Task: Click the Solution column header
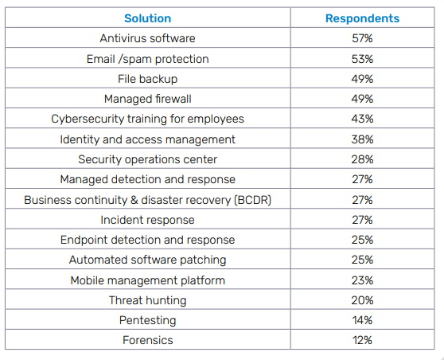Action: point(147,18)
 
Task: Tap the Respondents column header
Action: point(362,18)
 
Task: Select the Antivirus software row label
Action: point(147,38)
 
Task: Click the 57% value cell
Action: point(362,38)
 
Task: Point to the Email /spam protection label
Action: point(147,59)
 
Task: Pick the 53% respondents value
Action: point(362,59)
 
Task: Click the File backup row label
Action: point(147,79)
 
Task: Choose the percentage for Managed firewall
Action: point(362,99)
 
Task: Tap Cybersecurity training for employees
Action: point(147,119)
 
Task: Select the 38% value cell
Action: point(362,139)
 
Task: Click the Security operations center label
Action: point(147,159)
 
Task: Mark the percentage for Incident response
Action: point(362,220)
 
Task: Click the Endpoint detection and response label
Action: point(147,240)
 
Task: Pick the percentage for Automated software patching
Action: point(362,260)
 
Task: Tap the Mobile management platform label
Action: point(147,280)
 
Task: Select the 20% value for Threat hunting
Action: point(362,300)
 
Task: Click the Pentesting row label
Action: point(147,320)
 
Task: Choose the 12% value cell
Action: point(362,340)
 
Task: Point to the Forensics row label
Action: point(147,340)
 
